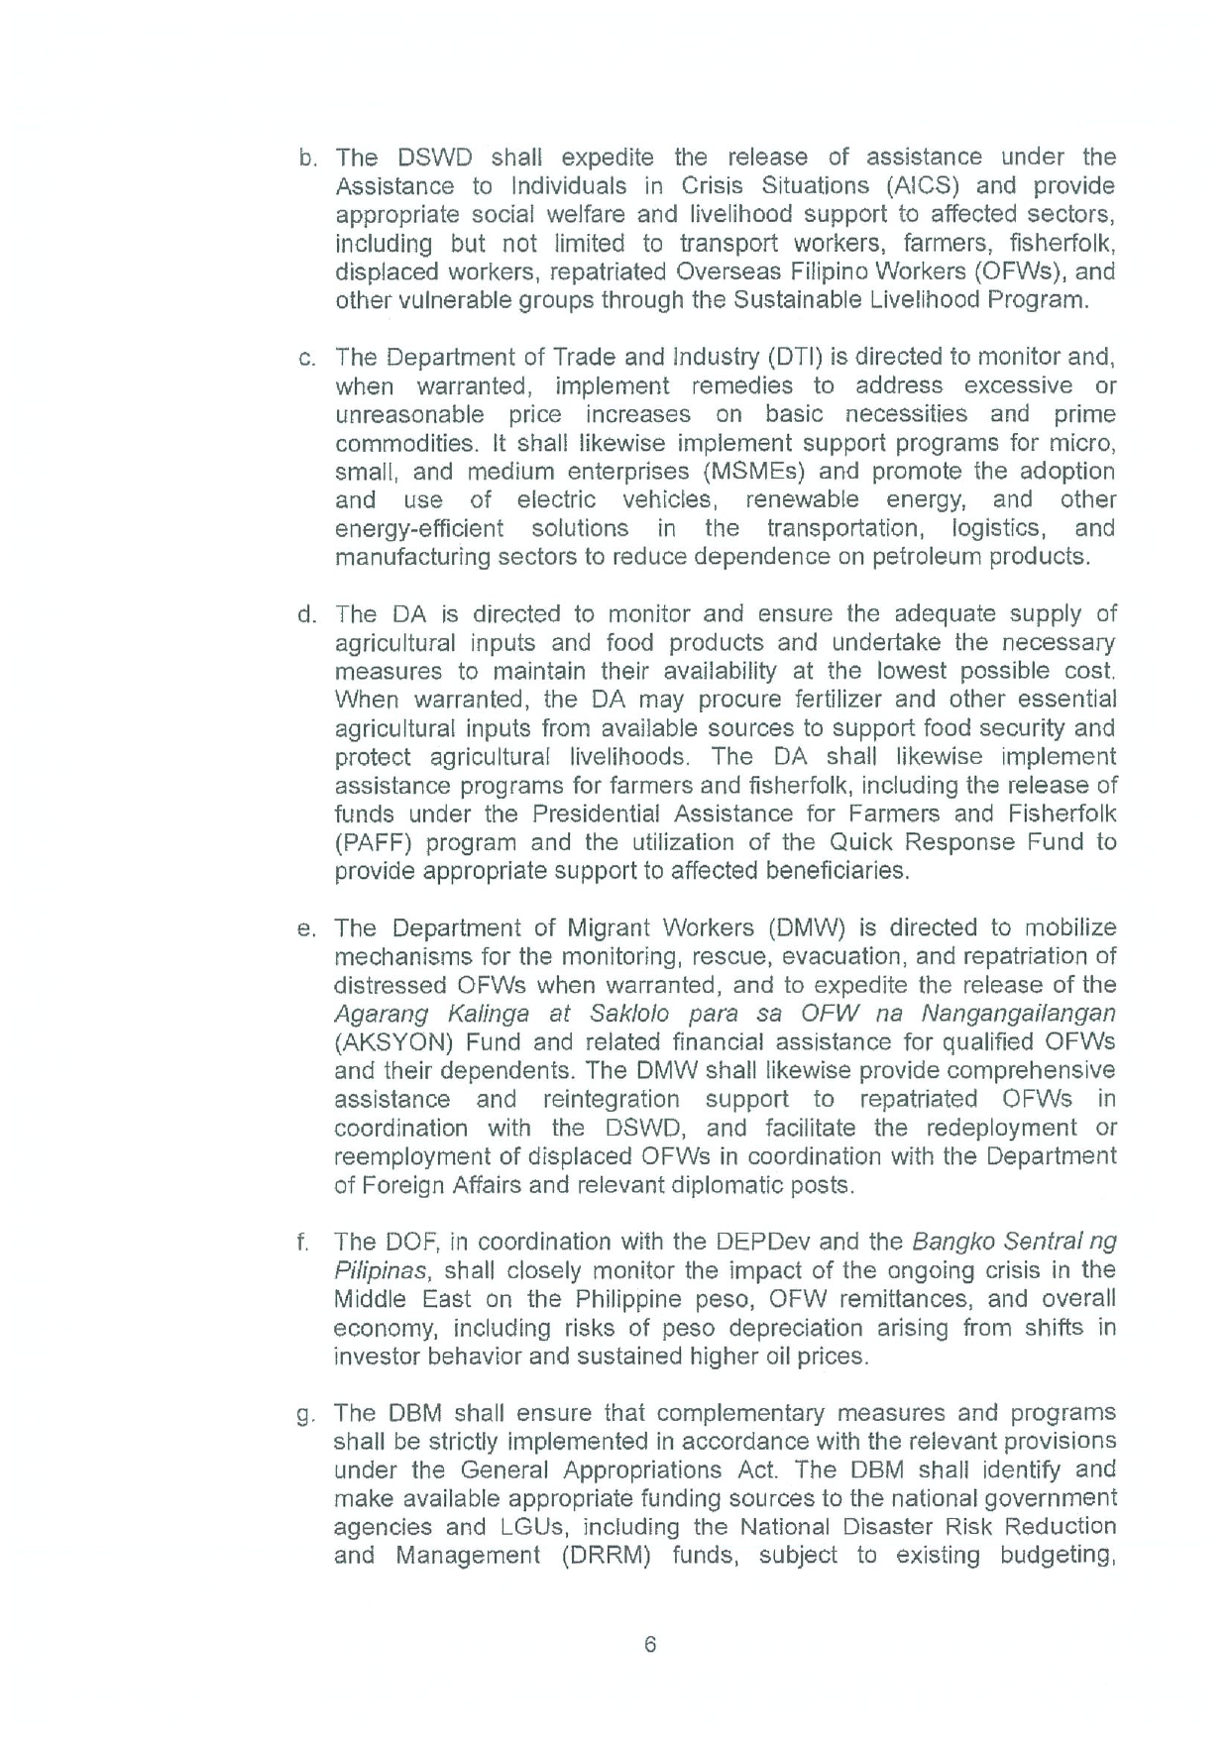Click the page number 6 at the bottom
(650, 1644)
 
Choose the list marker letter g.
(305, 1415)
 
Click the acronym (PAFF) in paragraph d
(373, 843)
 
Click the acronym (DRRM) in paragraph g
(605, 1555)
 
